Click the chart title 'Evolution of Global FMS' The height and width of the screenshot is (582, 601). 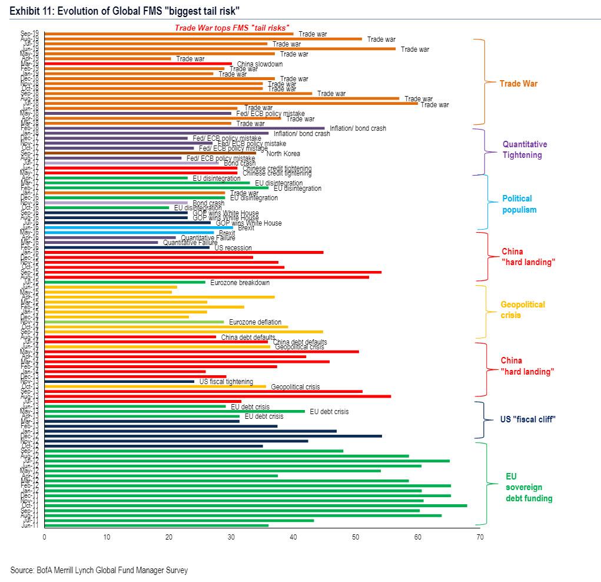pos(124,11)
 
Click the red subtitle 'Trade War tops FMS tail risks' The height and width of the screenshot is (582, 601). pos(232,28)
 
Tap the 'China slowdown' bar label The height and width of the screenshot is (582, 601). pos(260,64)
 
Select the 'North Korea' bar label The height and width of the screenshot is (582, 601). pos(283,154)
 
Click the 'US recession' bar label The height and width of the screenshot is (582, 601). pos(233,248)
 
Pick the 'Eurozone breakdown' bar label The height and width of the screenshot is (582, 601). pos(240,283)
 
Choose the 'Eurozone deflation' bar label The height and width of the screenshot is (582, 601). pos(255,322)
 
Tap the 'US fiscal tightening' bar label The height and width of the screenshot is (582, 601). pos(226,382)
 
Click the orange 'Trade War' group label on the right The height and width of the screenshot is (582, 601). pos(518,84)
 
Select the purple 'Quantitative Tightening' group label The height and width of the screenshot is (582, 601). pos(524,150)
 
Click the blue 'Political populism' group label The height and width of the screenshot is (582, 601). pos(519,204)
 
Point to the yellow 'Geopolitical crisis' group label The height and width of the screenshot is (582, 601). pos(523,310)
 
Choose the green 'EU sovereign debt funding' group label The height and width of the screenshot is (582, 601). pos(529,487)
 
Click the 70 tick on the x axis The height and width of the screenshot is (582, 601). pos(480,537)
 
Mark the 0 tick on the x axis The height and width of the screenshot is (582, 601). pos(45,537)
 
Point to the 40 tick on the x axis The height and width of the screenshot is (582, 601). pos(293,537)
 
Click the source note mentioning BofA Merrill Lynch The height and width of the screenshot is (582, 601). pos(99,570)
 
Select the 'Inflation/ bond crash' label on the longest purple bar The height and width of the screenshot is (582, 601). pos(358,128)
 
